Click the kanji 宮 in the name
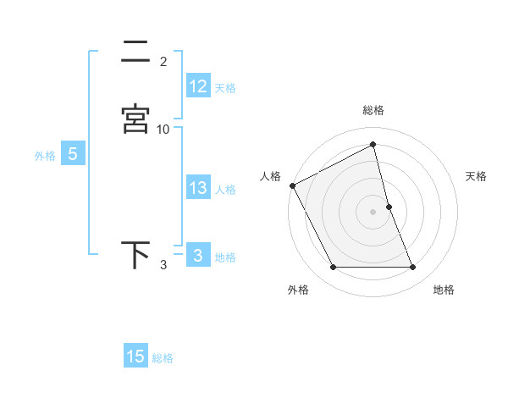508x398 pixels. (135, 119)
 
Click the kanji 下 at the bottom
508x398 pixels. (135, 255)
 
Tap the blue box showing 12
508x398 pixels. (198, 86)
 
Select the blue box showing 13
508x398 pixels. (198, 188)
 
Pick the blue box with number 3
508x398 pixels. (198, 256)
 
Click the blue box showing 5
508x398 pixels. (73, 155)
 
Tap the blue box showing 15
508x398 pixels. (135, 357)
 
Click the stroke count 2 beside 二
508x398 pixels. (163, 62)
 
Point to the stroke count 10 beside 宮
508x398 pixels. (163, 130)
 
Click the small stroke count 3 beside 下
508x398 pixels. (163, 266)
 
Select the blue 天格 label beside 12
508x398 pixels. (225, 87)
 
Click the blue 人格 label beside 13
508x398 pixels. (225, 190)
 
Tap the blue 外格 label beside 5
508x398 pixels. (45, 156)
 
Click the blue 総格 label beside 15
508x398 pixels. (163, 358)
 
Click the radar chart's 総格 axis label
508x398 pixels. (373, 110)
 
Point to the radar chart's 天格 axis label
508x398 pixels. (477, 176)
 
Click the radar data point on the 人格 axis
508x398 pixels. (292, 185)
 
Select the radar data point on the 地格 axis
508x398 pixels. (413, 268)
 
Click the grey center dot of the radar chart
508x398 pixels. (373, 212)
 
